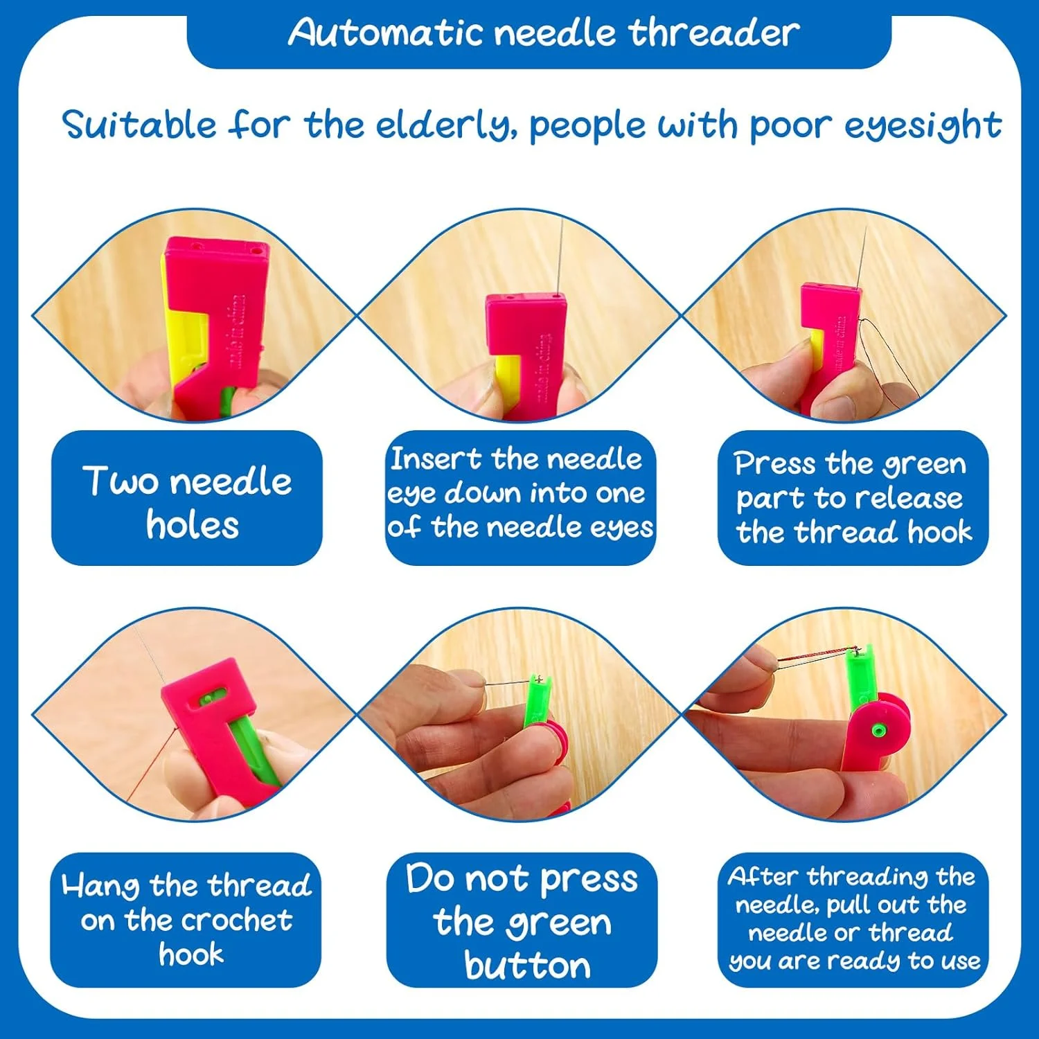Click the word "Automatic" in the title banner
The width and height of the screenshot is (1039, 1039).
click(x=386, y=32)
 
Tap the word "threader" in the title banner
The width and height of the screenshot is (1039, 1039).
click(x=714, y=32)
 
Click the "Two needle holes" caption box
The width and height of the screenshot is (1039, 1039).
click(x=187, y=498)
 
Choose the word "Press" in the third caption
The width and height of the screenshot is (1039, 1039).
click(x=774, y=463)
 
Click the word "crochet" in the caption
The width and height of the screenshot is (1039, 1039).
click(x=236, y=920)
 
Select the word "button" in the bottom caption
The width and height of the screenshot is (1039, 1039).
click(x=528, y=965)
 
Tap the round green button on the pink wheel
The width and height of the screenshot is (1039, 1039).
click(x=878, y=729)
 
